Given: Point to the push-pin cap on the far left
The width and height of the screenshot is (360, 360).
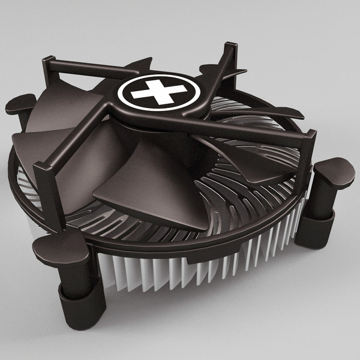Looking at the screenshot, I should [x=20, y=106].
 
